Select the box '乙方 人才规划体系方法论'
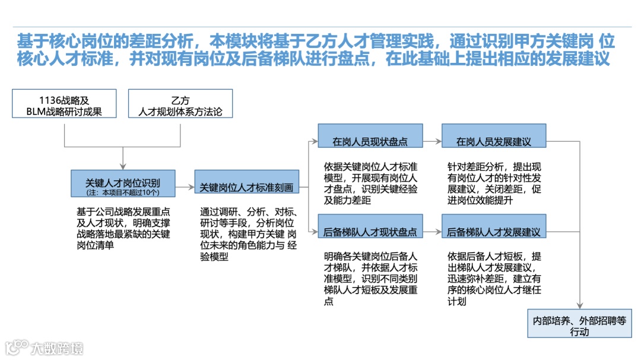[x=180, y=103]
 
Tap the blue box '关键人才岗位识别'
[x=123, y=183]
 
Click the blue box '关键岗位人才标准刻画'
[x=246, y=187]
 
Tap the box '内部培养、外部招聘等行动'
[x=579, y=323]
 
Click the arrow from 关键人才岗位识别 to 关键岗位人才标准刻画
[x=185, y=187]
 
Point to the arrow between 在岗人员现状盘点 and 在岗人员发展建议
[x=431, y=142]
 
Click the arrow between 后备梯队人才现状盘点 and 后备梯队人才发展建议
[x=431, y=232]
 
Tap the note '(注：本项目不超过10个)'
[x=123, y=192]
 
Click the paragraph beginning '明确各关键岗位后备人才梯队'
[x=371, y=279]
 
